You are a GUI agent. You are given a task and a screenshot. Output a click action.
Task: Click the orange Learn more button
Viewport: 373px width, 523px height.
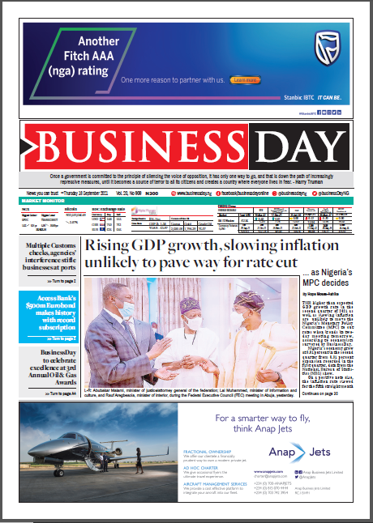tap(244, 80)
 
